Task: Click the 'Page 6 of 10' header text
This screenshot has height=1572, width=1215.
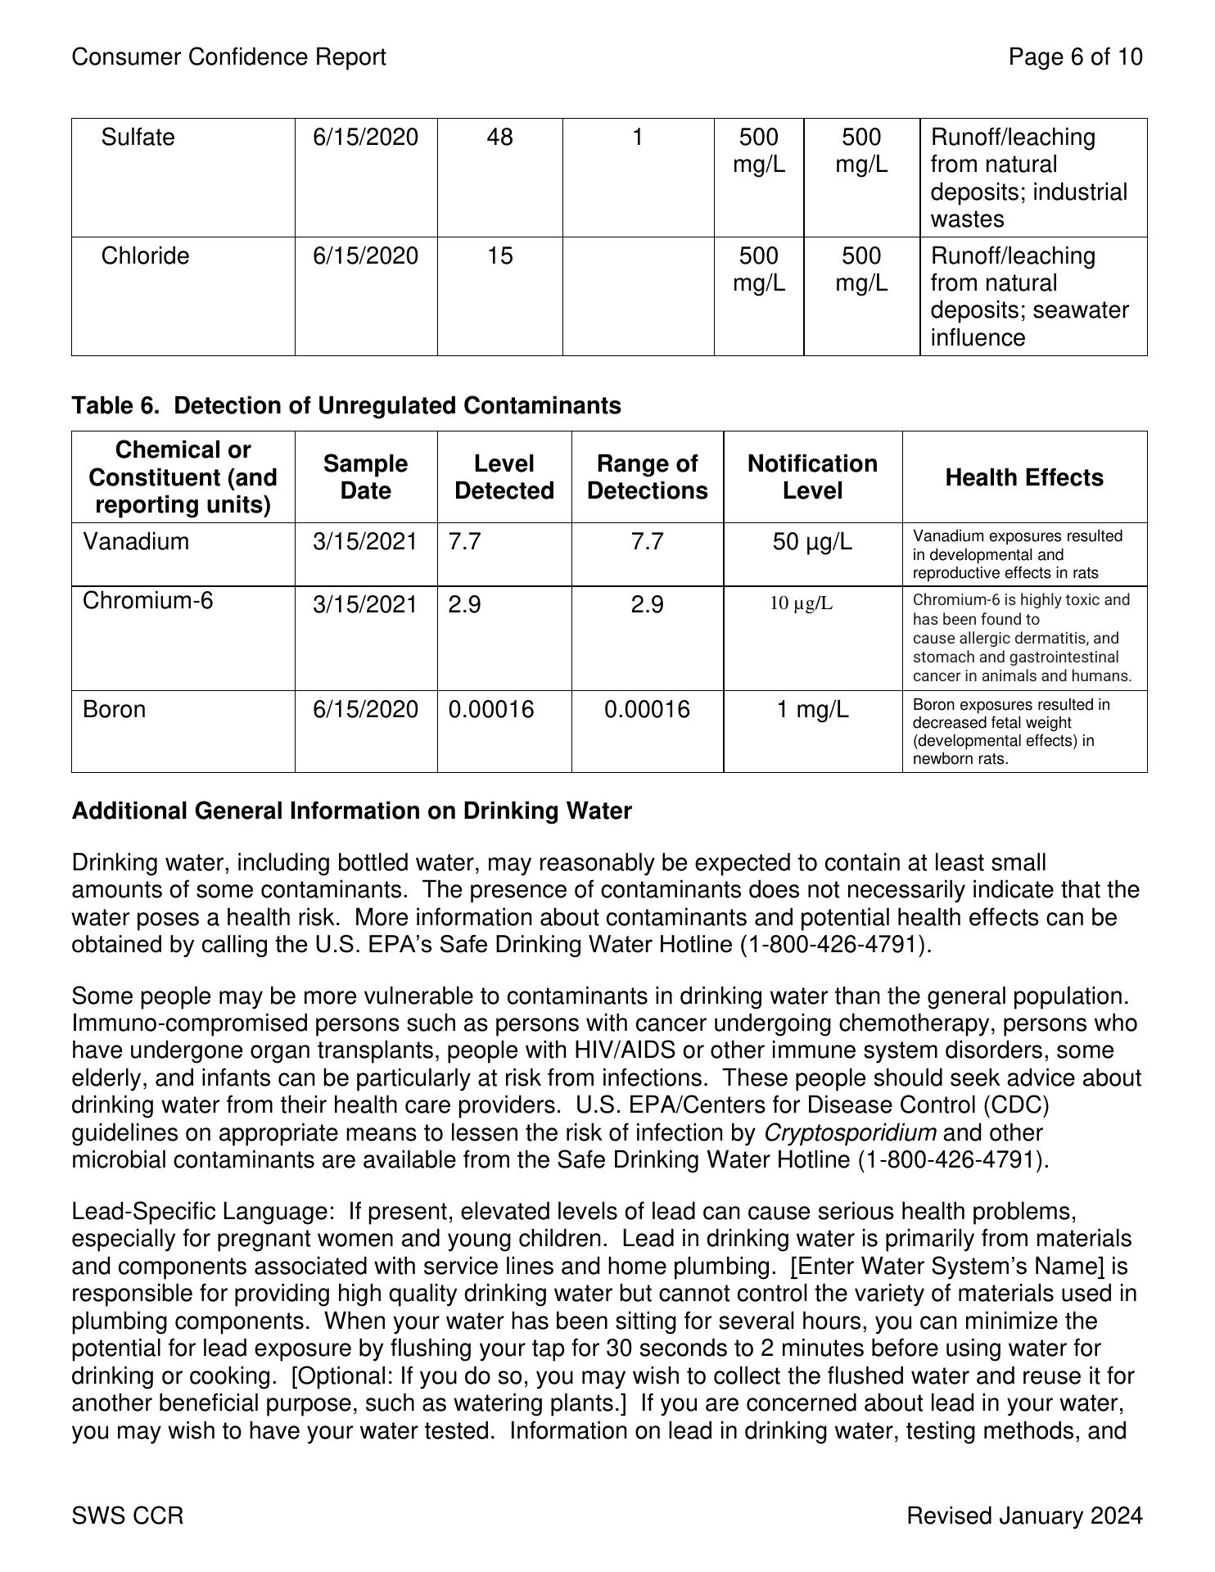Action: click(x=1075, y=57)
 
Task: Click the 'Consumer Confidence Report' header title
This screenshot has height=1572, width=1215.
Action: click(x=228, y=57)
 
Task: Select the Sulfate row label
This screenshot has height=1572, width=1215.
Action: click(x=138, y=138)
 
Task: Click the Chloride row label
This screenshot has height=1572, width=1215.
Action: click(x=145, y=256)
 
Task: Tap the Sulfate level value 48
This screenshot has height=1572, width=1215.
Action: click(x=499, y=138)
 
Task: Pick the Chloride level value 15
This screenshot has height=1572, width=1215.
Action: click(x=499, y=256)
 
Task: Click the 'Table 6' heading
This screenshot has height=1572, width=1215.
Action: click(x=346, y=406)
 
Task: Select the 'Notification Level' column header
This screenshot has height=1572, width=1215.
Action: click(x=812, y=477)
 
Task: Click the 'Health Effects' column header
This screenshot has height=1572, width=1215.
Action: click(x=1024, y=477)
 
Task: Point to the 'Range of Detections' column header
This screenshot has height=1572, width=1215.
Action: click(x=647, y=477)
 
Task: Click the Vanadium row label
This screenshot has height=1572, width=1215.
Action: click(x=136, y=542)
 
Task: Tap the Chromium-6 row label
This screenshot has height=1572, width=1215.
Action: click(x=147, y=601)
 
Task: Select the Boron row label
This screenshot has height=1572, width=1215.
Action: click(x=114, y=709)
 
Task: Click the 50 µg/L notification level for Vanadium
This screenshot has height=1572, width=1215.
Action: click(x=812, y=542)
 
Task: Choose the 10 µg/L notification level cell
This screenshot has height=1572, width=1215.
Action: click(x=802, y=604)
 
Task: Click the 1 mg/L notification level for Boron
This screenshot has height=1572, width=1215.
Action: click(x=812, y=709)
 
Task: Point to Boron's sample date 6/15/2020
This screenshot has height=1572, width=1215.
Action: click(x=365, y=709)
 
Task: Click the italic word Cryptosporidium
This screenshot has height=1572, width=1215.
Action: click(x=850, y=1133)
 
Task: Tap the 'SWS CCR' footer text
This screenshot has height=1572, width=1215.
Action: click(x=128, y=1516)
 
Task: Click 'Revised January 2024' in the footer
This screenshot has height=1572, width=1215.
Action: click(x=1024, y=1516)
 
